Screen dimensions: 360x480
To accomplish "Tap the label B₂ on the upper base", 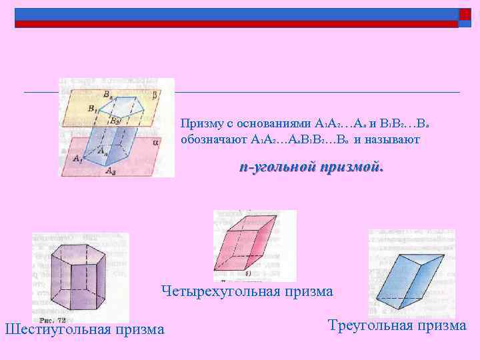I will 116,121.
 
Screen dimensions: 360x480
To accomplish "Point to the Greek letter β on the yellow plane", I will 155,95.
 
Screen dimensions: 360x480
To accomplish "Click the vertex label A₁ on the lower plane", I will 78,159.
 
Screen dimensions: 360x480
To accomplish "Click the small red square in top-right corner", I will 465,15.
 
